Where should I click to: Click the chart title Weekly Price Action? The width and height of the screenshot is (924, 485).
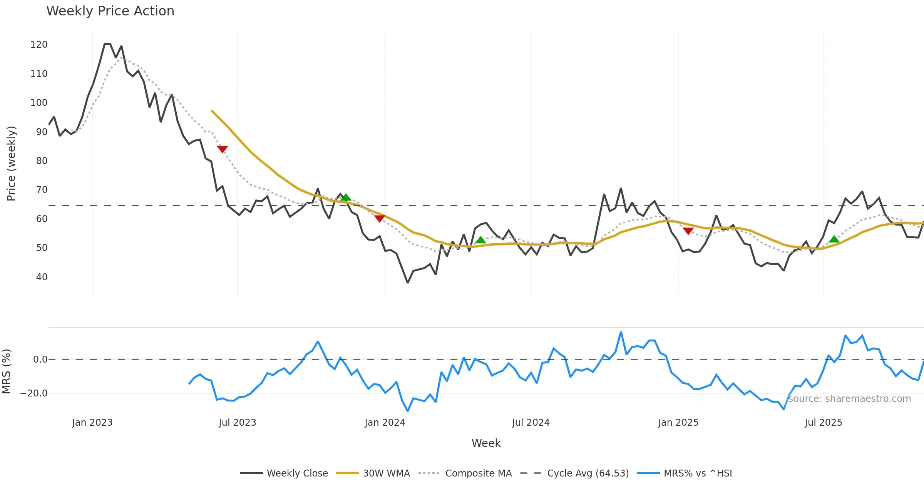click(x=110, y=11)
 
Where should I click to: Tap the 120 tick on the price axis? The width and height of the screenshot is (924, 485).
click(x=39, y=45)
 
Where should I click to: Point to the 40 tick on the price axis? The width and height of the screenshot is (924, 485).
click(x=42, y=277)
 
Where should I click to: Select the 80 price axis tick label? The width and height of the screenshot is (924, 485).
click(x=42, y=161)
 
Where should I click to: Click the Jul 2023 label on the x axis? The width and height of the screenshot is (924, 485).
click(x=237, y=423)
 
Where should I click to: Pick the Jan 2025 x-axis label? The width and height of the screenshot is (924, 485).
click(x=678, y=423)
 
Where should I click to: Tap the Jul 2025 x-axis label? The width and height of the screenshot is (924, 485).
click(x=823, y=423)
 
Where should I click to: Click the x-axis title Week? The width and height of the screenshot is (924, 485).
click(x=486, y=443)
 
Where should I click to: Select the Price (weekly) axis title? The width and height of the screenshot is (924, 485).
click(x=11, y=164)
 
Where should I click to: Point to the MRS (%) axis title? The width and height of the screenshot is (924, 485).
click(x=6, y=371)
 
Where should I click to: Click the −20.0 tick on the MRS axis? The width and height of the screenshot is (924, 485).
click(x=34, y=393)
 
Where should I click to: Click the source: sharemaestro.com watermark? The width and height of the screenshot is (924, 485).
click(x=849, y=399)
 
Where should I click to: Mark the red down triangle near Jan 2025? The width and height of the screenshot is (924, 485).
click(x=688, y=231)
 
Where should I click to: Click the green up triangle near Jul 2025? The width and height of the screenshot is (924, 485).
click(x=834, y=239)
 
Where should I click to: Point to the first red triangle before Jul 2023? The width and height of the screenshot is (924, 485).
click(x=223, y=149)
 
